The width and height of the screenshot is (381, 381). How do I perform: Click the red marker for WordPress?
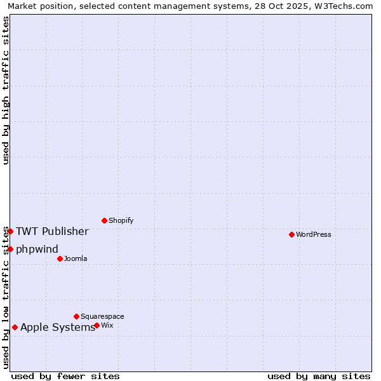291,234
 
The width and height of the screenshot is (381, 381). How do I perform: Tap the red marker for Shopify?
104,220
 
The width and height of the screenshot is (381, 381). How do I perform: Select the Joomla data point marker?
60,258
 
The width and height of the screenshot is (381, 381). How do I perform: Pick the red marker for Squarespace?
76,316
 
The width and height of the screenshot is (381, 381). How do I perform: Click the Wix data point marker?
97,325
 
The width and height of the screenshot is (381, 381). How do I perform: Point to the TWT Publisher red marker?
10,231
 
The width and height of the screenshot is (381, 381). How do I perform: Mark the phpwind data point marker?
10,249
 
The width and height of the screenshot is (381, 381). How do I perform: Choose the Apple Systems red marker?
15,328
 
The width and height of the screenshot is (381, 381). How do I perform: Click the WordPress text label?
314,234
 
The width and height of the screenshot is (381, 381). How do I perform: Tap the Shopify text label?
121,220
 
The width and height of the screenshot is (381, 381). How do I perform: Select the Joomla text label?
76,258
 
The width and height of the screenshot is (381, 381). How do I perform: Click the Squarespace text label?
102,316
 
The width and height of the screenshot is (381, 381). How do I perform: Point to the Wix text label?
107,325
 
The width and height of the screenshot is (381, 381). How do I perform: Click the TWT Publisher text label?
52,231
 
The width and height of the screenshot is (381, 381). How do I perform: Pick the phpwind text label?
37,249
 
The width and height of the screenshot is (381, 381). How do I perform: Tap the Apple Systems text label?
58,328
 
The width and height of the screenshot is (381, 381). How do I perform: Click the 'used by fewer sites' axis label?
65,376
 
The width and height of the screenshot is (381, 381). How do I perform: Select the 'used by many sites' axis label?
319,376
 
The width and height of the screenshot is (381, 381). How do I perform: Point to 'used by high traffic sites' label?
6,90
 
